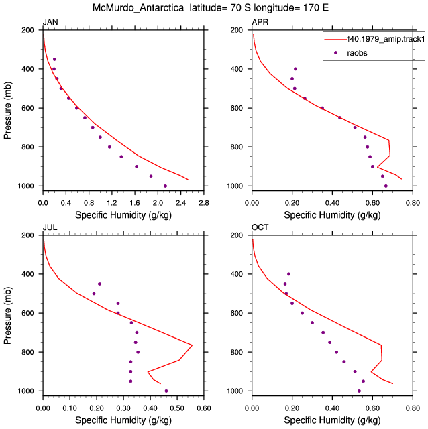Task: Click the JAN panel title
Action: click(50, 22)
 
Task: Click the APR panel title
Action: click(260, 22)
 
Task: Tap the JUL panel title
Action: click(50, 227)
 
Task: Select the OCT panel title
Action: click(260, 227)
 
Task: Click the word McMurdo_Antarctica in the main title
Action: click(138, 7)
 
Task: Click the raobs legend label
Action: click(357, 53)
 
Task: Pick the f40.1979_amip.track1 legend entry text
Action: click(386, 39)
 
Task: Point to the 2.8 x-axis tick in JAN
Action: click(204, 203)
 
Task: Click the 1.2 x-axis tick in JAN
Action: click(112, 203)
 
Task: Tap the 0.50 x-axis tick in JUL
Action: click(177, 408)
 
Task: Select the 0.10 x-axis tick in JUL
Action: click(70, 408)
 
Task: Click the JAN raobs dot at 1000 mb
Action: click(165, 186)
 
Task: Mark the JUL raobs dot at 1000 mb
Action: click(166, 391)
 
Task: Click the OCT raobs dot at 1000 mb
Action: click(359, 391)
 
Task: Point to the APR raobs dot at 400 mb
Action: click(295, 69)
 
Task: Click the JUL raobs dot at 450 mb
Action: click(99, 284)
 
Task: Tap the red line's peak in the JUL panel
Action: click(193, 345)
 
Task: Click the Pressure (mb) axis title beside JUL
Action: click(7, 316)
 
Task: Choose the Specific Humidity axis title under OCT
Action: click(332, 420)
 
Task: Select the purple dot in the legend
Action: click(335, 53)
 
